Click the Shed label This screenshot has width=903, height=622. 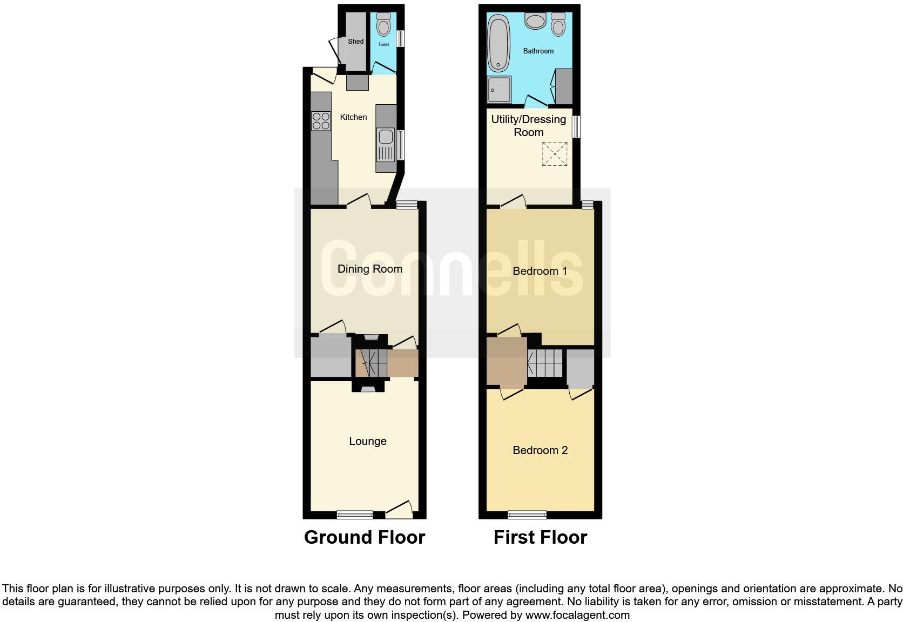click(355, 42)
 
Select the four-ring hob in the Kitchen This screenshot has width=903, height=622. click(321, 120)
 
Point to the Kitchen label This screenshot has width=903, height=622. click(353, 117)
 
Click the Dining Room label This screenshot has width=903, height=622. click(369, 269)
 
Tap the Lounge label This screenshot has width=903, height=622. click(368, 441)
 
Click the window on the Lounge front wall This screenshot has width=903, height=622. click(354, 515)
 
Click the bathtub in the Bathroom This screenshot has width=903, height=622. click(498, 44)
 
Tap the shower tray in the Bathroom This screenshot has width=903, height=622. click(499, 90)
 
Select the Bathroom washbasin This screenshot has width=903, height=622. click(536, 22)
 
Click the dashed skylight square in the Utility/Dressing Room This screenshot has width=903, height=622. click(555, 154)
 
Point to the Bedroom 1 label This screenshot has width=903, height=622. click(540, 271)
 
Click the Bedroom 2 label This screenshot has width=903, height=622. click(540, 450)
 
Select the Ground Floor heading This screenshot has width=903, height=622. click(365, 537)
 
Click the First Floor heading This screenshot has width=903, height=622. click(540, 537)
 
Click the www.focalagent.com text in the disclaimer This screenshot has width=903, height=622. click(577, 614)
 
